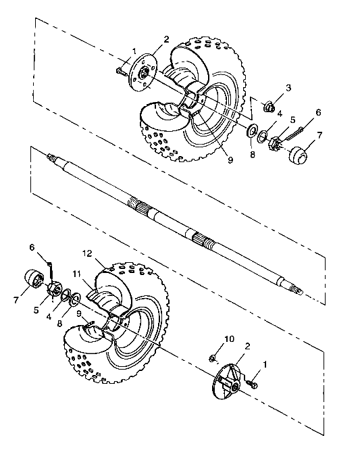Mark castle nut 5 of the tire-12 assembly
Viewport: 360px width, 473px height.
[54, 289]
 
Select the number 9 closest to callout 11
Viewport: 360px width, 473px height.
[80, 313]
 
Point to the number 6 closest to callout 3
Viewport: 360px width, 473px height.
[317, 112]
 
